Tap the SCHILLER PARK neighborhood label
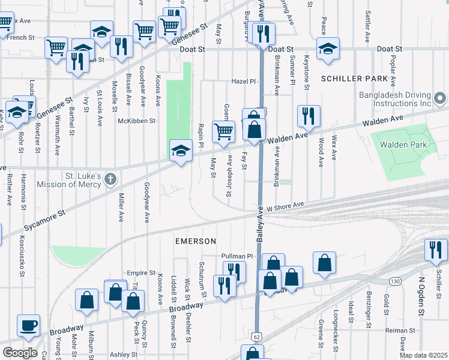click(x=355, y=79)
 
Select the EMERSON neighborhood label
click(x=195, y=241)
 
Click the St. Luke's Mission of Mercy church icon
click(x=110, y=179)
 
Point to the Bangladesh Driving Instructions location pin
click(x=441, y=98)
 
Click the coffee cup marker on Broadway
click(x=29, y=326)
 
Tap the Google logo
click(x=20, y=353)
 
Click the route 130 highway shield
click(x=394, y=281)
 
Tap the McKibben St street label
click(x=137, y=121)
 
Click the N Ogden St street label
click(x=421, y=304)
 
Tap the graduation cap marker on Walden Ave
click(x=181, y=151)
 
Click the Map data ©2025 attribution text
click(x=423, y=355)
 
